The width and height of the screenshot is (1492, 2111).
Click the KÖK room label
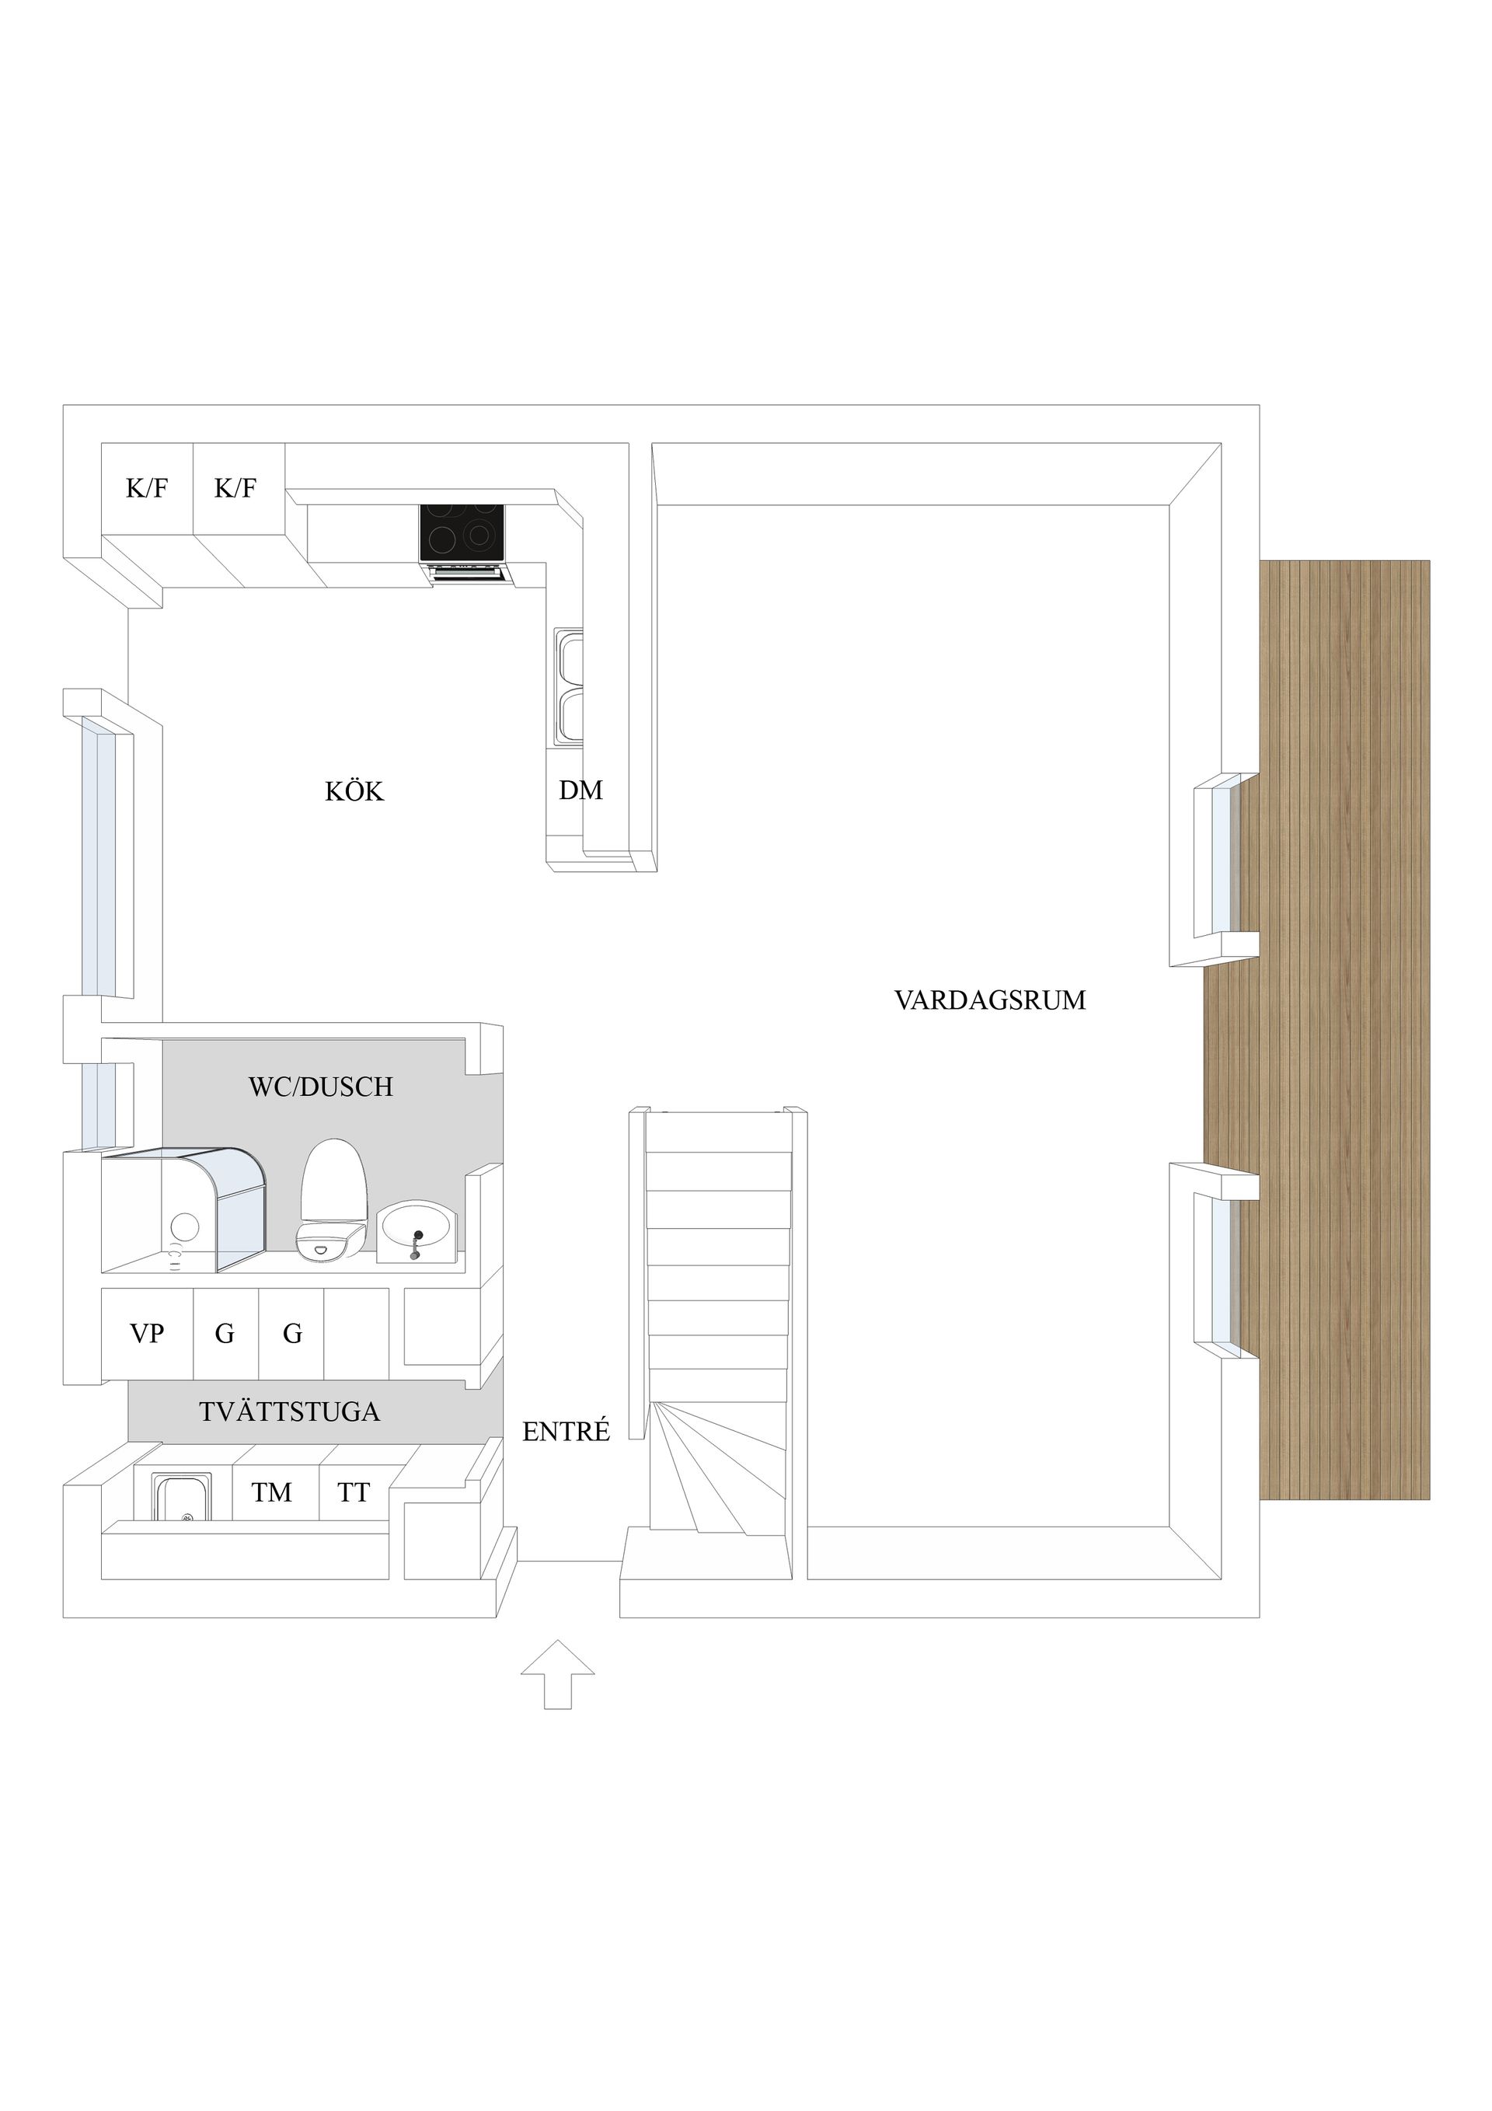(354, 791)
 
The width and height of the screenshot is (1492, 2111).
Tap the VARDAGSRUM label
(990, 1000)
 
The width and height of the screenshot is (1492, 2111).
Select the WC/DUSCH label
(321, 1087)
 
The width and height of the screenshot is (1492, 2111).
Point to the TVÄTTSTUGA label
(290, 1412)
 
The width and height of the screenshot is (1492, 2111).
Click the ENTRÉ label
(566, 1431)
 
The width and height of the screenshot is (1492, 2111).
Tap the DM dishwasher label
(581, 790)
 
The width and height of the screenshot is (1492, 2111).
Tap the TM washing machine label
(272, 1492)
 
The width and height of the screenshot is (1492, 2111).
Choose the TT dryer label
(354, 1492)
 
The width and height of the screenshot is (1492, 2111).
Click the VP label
(147, 1333)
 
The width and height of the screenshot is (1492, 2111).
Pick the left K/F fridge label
(147, 488)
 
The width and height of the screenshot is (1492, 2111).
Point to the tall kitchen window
(99, 855)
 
